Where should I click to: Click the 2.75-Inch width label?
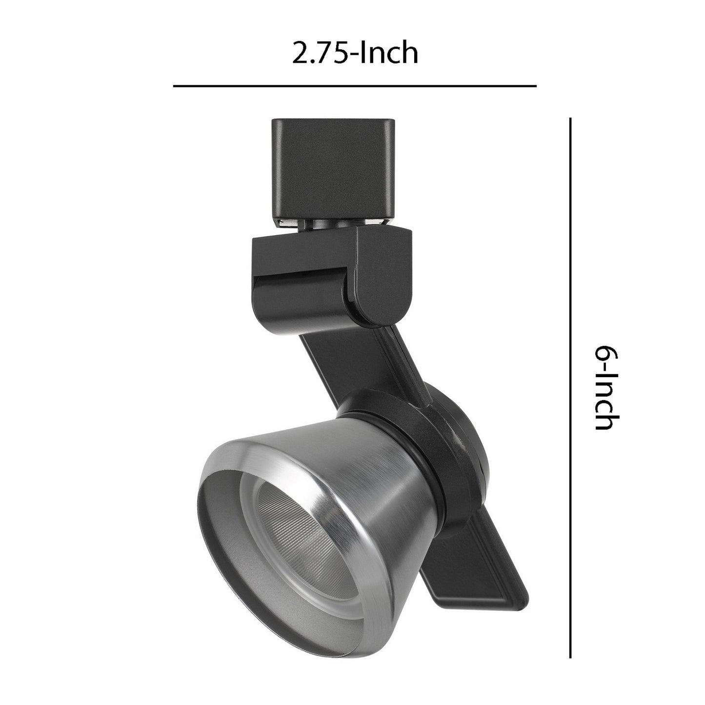pyautogui.click(x=355, y=53)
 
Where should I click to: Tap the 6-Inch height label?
pyautogui.click(x=606, y=387)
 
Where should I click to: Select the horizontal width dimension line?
pyautogui.click(x=355, y=86)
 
